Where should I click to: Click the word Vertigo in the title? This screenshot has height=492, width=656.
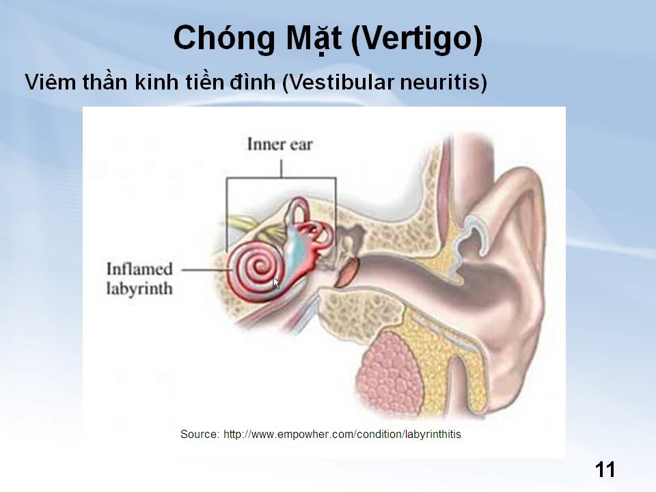pyautogui.click(x=417, y=38)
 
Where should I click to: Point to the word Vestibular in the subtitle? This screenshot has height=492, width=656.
pyautogui.click(x=338, y=82)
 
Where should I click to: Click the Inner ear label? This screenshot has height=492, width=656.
pyautogui.click(x=280, y=144)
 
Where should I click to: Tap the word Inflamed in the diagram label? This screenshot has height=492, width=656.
pyautogui.click(x=139, y=269)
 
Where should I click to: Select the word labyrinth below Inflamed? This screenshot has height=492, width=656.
pyautogui.click(x=139, y=288)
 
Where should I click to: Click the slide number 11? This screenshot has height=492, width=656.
pyautogui.click(x=605, y=469)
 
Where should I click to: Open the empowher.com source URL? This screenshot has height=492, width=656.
pyautogui.click(x=342, y=435)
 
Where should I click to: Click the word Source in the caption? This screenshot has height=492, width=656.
pyautogui.click(x=200, y=435)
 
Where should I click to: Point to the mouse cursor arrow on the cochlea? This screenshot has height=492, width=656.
pyautogui.click(x=275, y=283)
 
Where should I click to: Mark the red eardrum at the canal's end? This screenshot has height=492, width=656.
pyautogui.click(x=347, y=273)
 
